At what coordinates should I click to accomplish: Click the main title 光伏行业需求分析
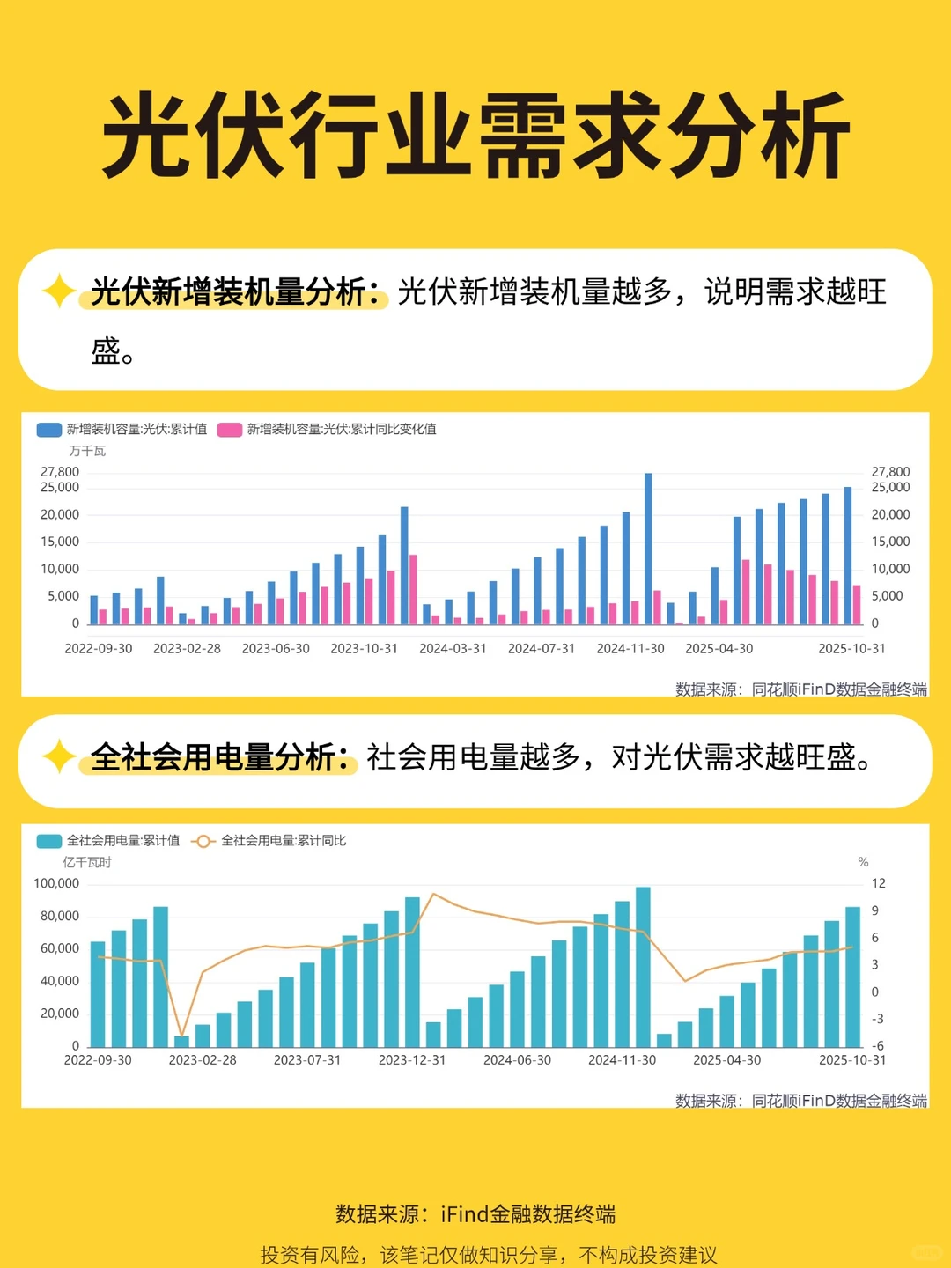coord(475,136)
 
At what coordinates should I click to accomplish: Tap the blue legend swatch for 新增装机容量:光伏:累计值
coord(48,430)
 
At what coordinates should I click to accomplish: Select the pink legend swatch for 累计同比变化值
coord(230,430)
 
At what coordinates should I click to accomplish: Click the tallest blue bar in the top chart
coord(648,546)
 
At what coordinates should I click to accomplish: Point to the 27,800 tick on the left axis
coord(60,472)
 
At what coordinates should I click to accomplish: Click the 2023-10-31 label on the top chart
coord(364,649)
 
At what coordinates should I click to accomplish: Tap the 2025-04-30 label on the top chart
coord(719,649)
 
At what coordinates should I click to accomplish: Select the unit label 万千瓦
coord(86,451)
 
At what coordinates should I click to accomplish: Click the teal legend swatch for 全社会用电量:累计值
coord(48,841)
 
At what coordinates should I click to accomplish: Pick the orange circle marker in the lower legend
coord(203,841)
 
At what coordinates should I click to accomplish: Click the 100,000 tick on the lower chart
coord(56,883)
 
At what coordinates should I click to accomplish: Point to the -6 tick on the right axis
coord(878,1046)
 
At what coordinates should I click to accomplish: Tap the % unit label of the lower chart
coord(863,862)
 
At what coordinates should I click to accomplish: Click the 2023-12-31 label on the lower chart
coord(412,1060)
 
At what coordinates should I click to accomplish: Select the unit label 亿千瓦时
coord(86,862)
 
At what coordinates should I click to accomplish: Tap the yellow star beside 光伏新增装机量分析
coord(59,291)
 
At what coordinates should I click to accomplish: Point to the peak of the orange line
coord(433,895)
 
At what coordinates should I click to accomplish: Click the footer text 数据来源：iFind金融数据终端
coord(475,1214)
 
